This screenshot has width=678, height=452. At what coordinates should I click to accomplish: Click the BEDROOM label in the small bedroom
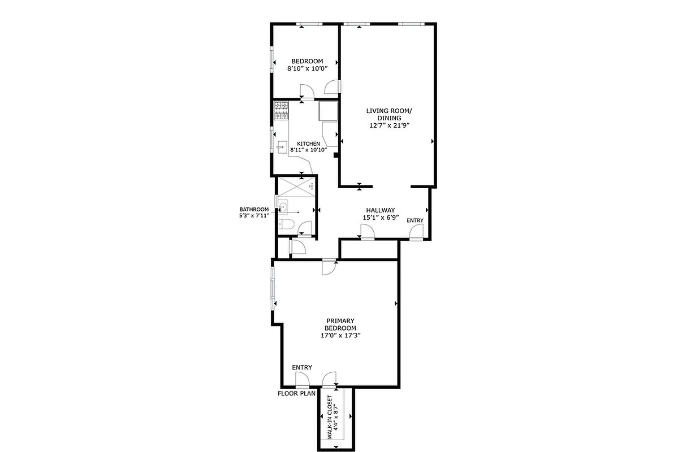(x=307, y=61)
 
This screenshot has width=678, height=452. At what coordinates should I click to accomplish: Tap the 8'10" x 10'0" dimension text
(x=307, y=68)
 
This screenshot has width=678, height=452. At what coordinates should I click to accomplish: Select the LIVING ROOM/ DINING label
(x=388, y=114)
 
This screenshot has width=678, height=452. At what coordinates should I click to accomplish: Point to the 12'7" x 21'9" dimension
(x=388, y=125)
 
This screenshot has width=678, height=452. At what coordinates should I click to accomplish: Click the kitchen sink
(x=282, y=145)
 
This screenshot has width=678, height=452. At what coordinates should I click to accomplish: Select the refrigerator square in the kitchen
(x=328, y=111)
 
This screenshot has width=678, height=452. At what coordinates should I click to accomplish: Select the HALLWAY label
(x=380, y=210)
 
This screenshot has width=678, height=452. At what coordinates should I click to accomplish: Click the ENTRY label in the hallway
(x=414, y=220)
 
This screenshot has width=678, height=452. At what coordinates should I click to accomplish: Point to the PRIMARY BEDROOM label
(x=340, y=324)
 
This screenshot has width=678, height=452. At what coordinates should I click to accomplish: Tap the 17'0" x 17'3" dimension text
(x=340, y=335)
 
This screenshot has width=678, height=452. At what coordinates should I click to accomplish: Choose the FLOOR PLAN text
(x=296, y=393)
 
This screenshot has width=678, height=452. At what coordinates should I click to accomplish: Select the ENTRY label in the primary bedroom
(x=302, y=367)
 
